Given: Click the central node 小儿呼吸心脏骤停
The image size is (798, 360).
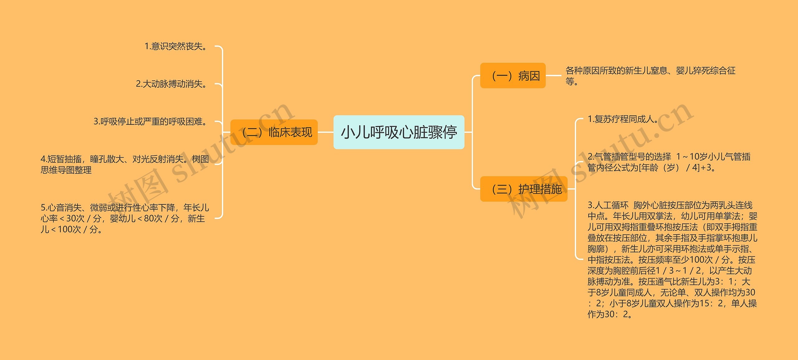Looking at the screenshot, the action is [x=399, y=132].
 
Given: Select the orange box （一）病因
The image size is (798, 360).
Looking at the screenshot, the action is [x=513, y=76].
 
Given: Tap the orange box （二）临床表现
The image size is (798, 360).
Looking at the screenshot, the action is [x=274, y=132].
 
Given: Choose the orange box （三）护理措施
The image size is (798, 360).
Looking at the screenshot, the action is [x=524, y=189].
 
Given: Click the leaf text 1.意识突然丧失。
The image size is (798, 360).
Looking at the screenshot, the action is [x=176, y=46].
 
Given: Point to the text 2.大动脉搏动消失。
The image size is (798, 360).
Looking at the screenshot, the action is [x=172, y=84].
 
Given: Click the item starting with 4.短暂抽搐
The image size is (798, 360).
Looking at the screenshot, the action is [x=125, y=164].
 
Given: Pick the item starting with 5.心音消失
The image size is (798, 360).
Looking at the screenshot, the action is [x=125, y=218].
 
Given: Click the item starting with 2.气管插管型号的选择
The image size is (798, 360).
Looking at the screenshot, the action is [x=669, y=162].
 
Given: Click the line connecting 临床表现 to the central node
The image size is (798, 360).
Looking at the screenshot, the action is [x=325, y=132].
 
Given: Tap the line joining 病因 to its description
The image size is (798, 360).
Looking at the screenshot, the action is [x=554, y=75].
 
